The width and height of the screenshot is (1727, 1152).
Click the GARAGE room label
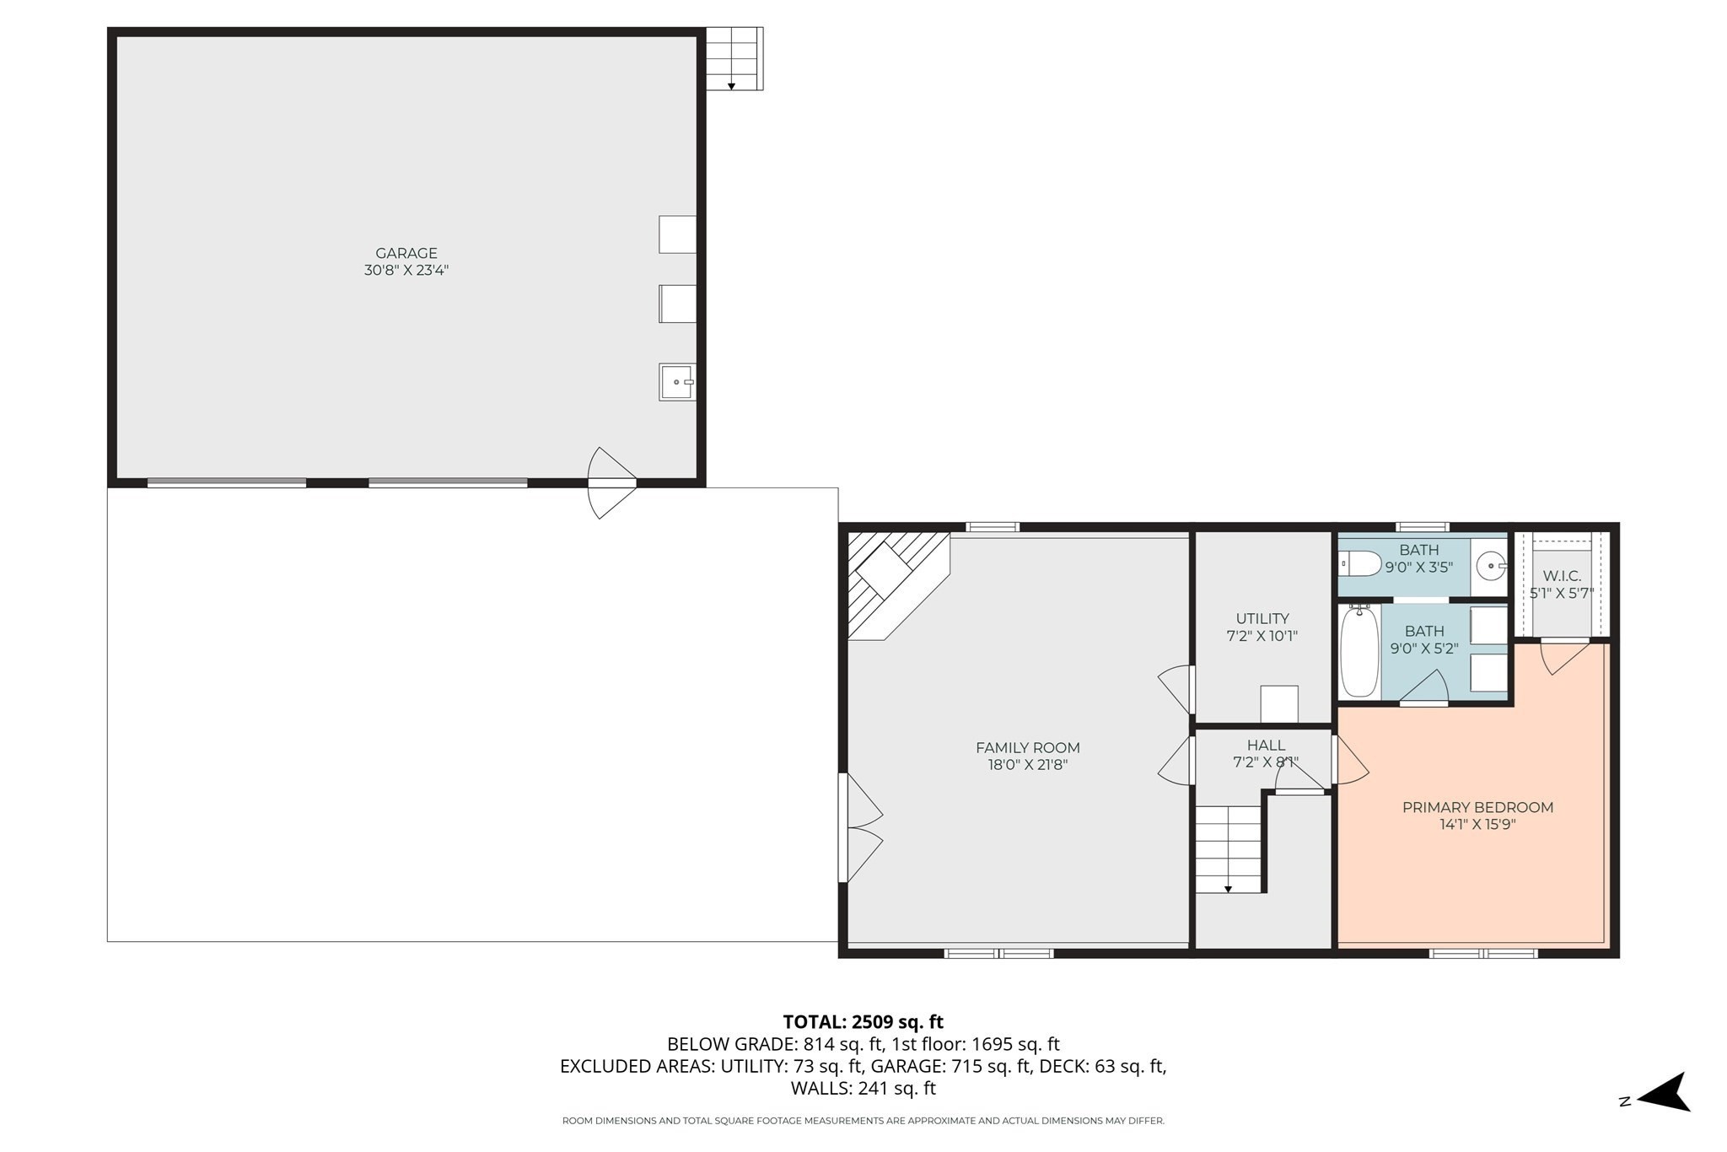click(406, 253)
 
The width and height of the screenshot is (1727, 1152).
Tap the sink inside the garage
click(677, 382)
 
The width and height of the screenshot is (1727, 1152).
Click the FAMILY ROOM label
click(1027, 747)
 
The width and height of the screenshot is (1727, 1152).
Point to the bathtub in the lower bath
click(1359, 652)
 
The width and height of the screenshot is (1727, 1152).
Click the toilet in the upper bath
click(1359, 563)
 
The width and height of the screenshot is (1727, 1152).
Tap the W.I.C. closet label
click(1562, 576)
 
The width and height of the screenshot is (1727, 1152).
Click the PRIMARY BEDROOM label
click(1477, 807)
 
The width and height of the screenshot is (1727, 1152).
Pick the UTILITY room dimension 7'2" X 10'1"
click(1262, 636)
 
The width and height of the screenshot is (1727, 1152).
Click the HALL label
click(1266, 745)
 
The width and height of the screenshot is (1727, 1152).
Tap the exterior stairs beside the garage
click(734, 58)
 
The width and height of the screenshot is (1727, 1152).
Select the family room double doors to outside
click(860, 828)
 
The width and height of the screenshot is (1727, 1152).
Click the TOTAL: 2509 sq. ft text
click(863, 1022)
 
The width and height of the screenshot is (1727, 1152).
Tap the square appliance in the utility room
click(1278, 704)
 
